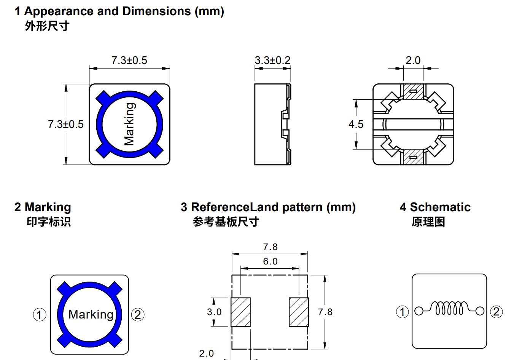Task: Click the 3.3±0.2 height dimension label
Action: [272, 61]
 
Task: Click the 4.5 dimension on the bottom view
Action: [356, 124]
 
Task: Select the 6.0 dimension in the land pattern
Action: [270, 261]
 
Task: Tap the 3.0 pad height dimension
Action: [214, 312]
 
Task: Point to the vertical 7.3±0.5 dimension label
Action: [66, 124]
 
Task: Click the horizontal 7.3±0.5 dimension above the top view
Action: [129, 61]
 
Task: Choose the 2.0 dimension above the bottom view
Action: [413, 61]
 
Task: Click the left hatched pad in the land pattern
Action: [241, 312]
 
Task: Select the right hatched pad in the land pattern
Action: [299, 312]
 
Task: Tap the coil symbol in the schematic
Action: [449, 308]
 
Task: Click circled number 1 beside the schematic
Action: [403, 312]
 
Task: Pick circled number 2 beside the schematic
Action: [496, 312]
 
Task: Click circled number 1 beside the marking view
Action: [40, 315]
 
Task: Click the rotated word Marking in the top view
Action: [129, 124]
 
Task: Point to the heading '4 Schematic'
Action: [435, 207]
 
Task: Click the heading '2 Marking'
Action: [43, 207]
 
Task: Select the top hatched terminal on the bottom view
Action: [413, 92]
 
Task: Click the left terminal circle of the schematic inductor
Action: [418, 311]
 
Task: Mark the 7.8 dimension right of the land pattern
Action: [325, 312]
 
